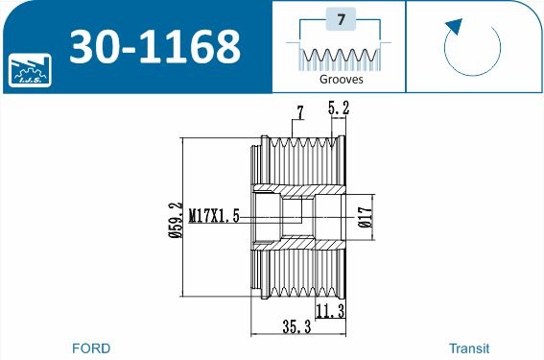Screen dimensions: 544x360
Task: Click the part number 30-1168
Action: click(x=154, y=47)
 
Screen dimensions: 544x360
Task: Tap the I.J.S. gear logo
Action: click(x=30, y=70)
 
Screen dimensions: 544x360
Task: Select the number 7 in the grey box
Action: click(x=342, y=19)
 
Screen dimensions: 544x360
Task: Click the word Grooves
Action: click(x=341, y=79)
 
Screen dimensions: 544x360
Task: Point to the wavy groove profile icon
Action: click(x=340, y=56)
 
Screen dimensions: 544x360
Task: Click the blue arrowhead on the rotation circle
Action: click(x=454, y=27)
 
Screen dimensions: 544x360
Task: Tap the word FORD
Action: click(x=91, y=348)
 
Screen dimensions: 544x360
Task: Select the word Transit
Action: click(x=469, y=348)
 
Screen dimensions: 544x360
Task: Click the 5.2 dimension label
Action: click(x=339, y=108)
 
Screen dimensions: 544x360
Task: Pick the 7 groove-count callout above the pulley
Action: click(x=300, y=113)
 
